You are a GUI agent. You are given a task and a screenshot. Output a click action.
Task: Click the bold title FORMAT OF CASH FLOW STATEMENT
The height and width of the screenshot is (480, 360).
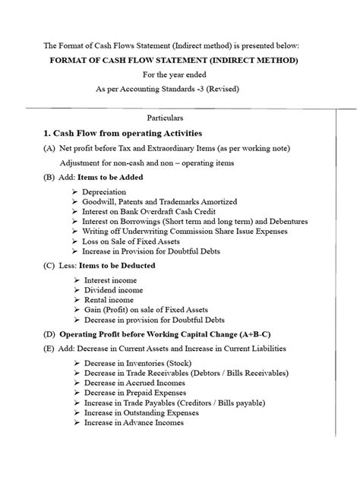pyautogui.click(x=181, y=60)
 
